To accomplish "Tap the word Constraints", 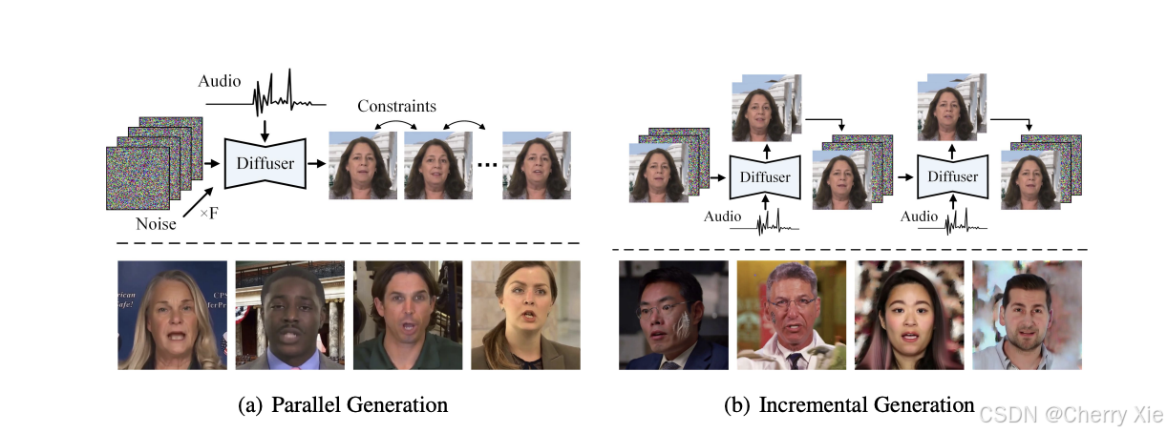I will pos(396,106).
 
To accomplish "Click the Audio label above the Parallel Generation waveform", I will pos(219,82).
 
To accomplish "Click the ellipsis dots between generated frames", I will pos(486,165).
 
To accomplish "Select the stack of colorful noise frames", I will pos(153,164).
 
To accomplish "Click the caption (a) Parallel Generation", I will pos(343,404).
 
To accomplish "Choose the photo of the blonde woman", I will pos(172,316).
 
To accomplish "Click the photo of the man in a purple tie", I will pos(290,316).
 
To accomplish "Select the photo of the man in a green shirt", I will pos(408,316).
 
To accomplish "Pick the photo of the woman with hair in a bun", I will pos(525,316).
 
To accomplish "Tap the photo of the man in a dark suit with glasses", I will pos(672,316).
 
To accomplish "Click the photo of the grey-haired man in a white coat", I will pos(790,316).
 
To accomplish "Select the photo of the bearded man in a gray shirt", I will pos(1026,316).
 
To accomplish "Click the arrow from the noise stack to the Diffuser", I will pos(212,162).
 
